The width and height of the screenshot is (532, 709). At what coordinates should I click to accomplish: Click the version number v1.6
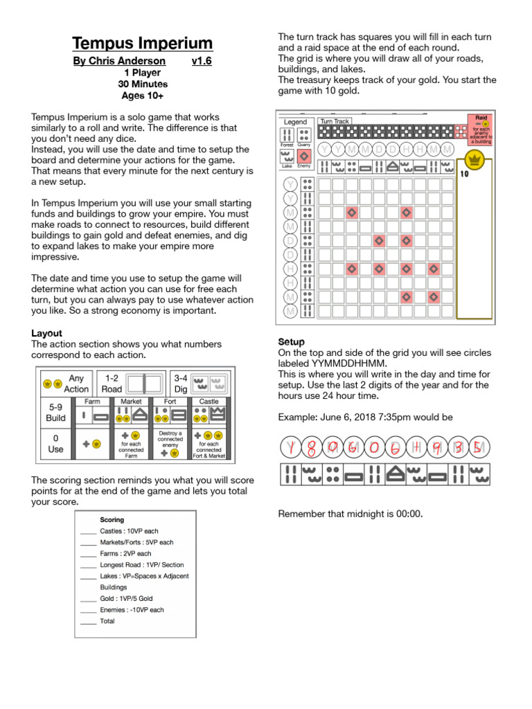tap(202, 62)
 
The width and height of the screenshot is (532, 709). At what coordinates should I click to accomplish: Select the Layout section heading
tap(46, 333)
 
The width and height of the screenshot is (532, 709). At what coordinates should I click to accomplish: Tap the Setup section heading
tap(292, 342)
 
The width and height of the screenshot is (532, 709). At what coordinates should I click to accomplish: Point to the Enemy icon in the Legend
tap(303, 156)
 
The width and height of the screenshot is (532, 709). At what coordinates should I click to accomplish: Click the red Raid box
tap(481, 129)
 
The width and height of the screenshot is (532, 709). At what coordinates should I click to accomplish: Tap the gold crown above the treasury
tap(475, 161)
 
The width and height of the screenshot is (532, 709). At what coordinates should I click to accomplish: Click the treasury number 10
tap(464, 174)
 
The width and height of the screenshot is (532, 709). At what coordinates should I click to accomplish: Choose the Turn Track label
tap(335, 121)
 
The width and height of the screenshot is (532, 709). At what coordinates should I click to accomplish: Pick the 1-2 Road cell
tap(112, 383)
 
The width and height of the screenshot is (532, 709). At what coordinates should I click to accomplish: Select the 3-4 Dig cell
tap(181, 383)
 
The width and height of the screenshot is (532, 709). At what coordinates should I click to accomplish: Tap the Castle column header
tap(209, 401)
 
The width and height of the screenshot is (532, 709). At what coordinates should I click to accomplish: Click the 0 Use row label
tap(55, 443)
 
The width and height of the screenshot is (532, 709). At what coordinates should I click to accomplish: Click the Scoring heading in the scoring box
tap(112, 519)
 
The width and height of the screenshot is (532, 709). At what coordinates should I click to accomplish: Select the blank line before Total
tap(88, 622)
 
